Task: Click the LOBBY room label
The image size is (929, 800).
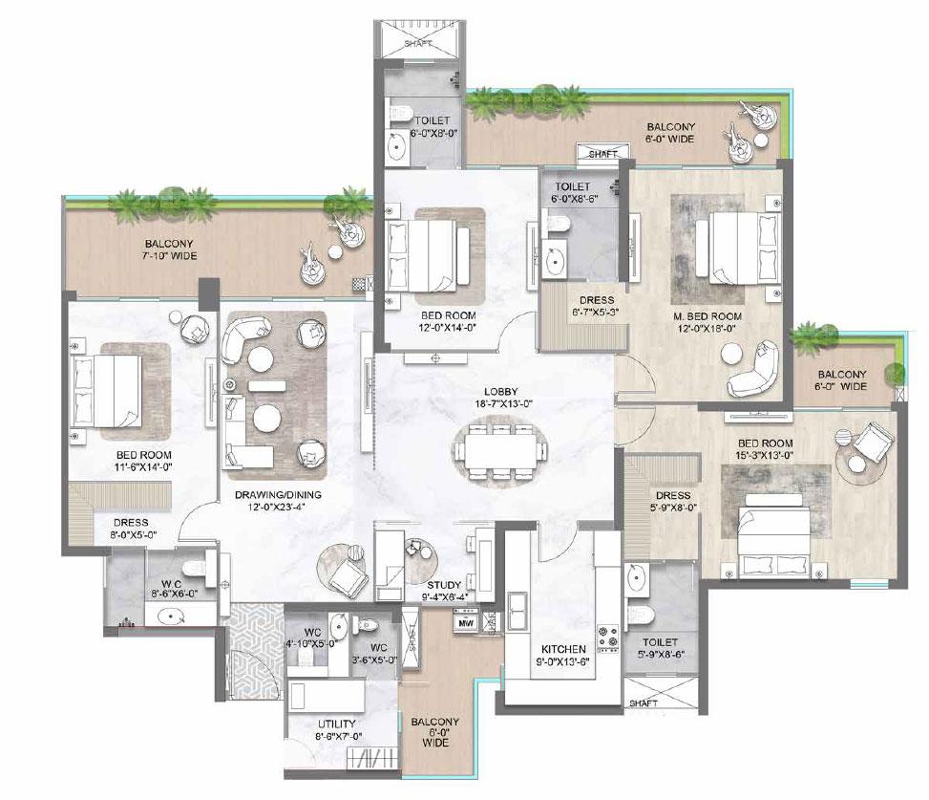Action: click(x=500, y=391)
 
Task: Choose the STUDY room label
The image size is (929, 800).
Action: click(x=444, y=585)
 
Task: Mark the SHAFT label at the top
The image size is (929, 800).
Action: click(x=418, y=43)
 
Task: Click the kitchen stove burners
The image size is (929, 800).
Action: click(x=607, y=634)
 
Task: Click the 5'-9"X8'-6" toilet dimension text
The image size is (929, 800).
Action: click(x=660, y=657)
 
